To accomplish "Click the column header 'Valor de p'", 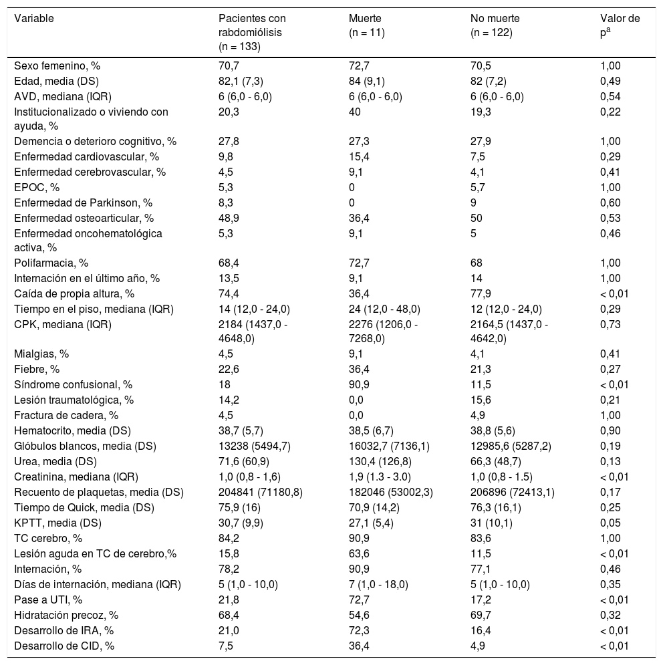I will (x=620, y=25).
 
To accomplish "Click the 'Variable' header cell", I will (x=34, y=18).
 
